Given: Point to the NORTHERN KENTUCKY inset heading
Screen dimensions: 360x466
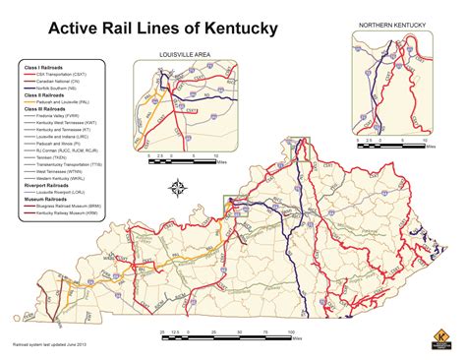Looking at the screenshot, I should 398,24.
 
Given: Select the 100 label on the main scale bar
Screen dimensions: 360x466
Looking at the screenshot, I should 292,335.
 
